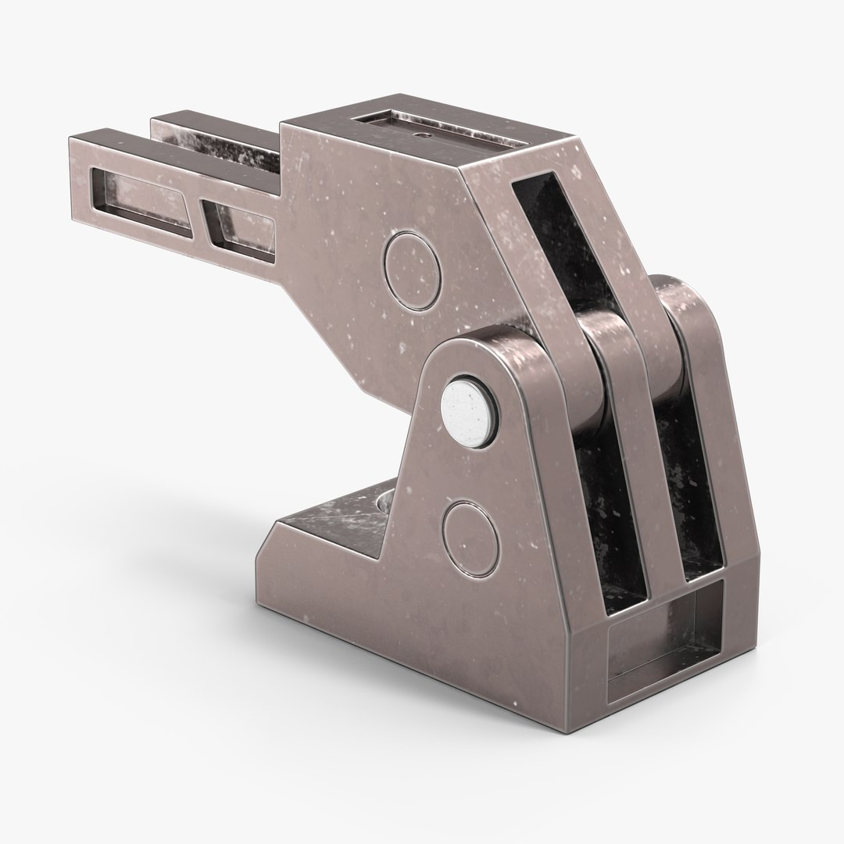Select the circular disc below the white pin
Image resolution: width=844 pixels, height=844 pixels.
coord(470,529)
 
